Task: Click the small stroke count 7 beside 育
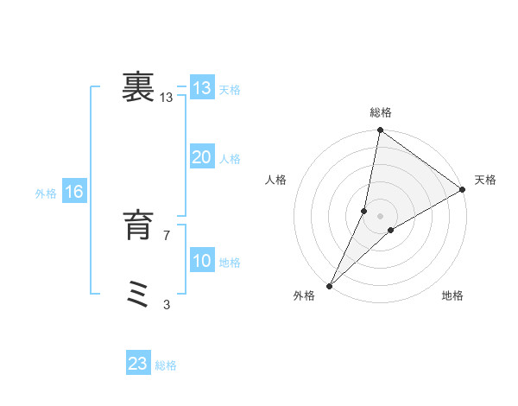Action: point(167,235)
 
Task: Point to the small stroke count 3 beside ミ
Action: point(167,304)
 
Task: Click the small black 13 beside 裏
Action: point(167,98)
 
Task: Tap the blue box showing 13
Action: point(201,88)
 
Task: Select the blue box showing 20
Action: point(201,157)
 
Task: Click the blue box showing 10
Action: point(201,261)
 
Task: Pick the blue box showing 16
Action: point(74,192)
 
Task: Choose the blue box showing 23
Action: point(138,364)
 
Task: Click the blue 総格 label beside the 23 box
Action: point(166,365)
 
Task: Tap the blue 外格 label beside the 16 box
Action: point(46,193)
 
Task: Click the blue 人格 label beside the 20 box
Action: point(231,159)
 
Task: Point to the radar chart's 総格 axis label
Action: point(381,112)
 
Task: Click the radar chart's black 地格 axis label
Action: point(452,296)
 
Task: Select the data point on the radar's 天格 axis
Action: point(463,189)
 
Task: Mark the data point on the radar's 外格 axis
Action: point(329,286)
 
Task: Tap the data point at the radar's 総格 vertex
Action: point(381,130)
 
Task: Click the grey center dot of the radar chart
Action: point(381,215)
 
